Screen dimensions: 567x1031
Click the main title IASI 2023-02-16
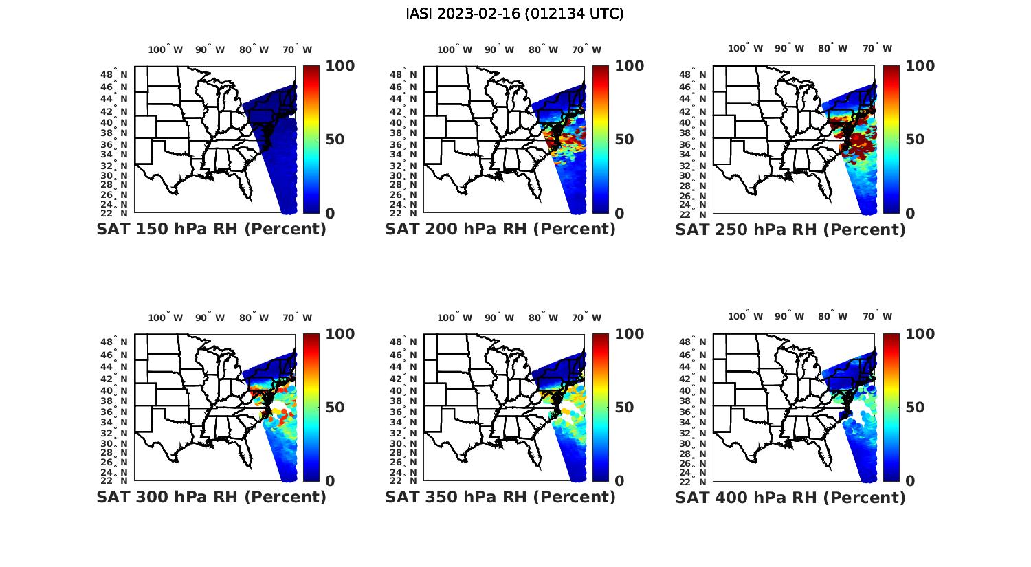pyautogui.click(x=515, y=14)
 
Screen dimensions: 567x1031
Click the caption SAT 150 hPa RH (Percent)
pyautogui.click(x=211, y=230)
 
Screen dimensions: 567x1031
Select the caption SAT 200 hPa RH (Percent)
pyautogui.click(x=500, y=230)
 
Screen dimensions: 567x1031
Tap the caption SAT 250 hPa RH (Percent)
pyautogui.click(x=790, y=230)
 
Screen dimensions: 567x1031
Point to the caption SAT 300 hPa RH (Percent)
pyautogui.click(x=211, y=497)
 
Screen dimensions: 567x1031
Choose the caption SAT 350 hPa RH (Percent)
pyautogui.click(x=500, y=497)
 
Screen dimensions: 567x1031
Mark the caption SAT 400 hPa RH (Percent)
pyautogui.click(x=790, y=497)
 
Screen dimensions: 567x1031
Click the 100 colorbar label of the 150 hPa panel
pyautogui.click(x=340, y=66)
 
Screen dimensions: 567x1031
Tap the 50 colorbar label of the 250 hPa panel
pyautogui.click(x=914, y=140)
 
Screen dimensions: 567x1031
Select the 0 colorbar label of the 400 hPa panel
pyautogui.click(x=910, y=481)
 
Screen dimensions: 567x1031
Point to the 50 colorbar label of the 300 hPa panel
pyautogui.click(x=335, y=408)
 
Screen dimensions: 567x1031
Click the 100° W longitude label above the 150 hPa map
pyautogui.click(x=166, y=49)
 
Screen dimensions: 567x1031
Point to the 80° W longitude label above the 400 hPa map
pyautogui.click(x=832, y=317)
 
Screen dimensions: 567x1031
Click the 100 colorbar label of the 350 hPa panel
pyautogui.click(x=629, y=334)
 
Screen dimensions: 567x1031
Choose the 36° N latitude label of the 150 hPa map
pyautogui.click(x=120, y=144)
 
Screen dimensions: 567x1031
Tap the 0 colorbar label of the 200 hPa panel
pyautogui.click(x=620, y=214)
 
